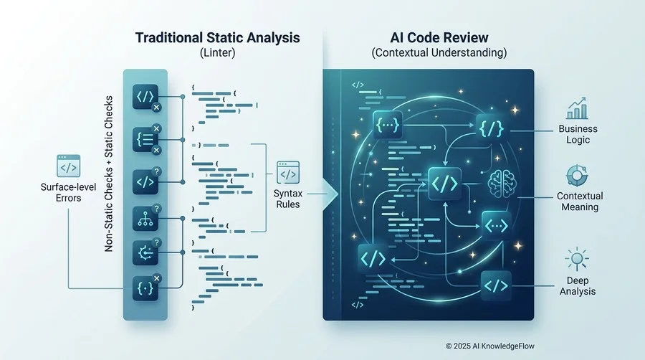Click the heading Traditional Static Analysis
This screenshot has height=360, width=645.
[218, 37]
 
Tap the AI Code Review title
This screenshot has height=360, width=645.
[439, 37]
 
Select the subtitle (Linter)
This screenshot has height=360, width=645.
[218, 52]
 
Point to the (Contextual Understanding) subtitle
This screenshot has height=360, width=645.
[439, 52]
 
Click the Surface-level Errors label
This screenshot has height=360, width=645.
[68, 192]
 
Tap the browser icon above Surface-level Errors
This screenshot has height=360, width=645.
[68, 166]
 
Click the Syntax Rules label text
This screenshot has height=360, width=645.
[288, 199]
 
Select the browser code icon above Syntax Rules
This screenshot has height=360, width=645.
[288, 173]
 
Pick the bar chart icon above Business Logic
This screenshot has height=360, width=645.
[578, 108]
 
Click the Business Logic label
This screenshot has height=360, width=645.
[578, 134]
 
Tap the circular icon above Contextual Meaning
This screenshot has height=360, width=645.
[577, 176]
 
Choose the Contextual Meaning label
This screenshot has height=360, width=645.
[580, 202]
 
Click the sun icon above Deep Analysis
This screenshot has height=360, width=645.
[577, 259]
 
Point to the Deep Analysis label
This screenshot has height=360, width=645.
[578, 285]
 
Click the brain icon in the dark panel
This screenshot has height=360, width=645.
[502, 184]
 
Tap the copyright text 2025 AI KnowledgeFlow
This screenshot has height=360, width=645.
[490, 346]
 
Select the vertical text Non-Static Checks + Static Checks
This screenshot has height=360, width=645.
[109, 174]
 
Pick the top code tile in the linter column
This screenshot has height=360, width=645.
[145, 97]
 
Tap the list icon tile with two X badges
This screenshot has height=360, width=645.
[145, 139]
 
